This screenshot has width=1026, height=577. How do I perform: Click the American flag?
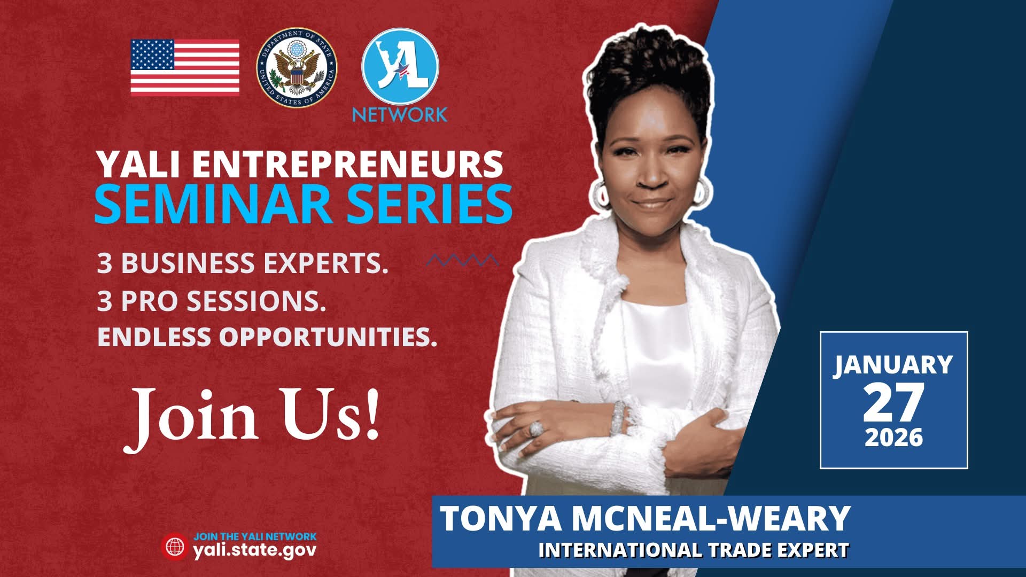point(185,66)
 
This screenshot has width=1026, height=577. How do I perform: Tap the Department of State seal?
point(297,67)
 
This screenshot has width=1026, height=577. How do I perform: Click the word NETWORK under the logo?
point(400,115)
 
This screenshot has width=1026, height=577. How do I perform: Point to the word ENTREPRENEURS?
point(348,164)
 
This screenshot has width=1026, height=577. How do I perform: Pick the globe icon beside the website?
point(175,546)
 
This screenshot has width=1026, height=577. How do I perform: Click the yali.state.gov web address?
point(255,550)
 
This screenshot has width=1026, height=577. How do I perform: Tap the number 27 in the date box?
point(893,403)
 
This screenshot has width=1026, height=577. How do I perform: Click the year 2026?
point(894,437)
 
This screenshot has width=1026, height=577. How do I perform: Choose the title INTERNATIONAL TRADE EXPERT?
point(694,550)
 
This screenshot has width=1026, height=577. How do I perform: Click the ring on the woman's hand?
point(536,428)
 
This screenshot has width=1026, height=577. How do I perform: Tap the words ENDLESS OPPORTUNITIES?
point(267,337)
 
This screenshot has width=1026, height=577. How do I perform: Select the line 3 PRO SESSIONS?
point(212,301)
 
